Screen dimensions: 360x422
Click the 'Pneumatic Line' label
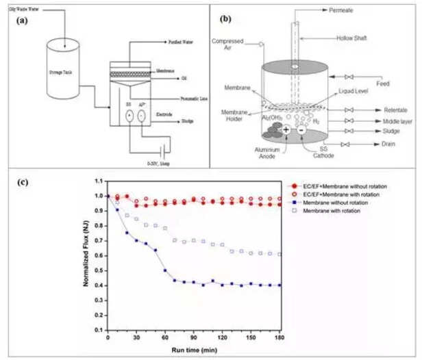click(x=184, y=98)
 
